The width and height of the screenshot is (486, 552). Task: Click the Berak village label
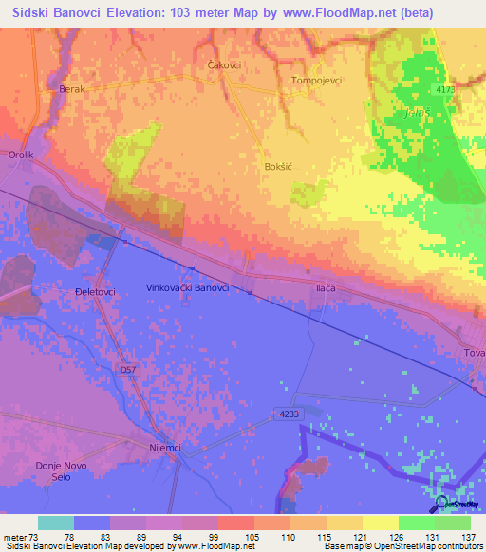[72, 88]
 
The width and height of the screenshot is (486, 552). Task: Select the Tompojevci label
[316, 81]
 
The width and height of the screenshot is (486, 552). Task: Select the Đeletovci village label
[95, 292]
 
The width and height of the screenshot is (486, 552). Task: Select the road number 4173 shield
[447, 89]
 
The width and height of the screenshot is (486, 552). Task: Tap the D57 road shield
[129, 367]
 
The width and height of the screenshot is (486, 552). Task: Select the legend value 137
[471, 536]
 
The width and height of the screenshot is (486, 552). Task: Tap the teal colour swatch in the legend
[55, 523]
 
